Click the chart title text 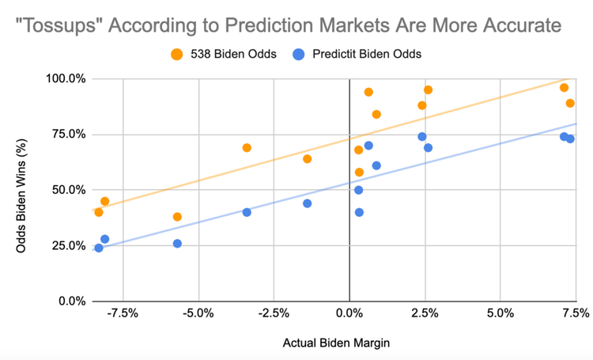click(289, 25)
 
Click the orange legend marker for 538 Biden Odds click(176, 55)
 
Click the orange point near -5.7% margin click(177, 217)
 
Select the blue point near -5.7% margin click(177, 244)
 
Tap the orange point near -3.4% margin click(247, 148)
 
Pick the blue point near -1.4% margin click(307, 203)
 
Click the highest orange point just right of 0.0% click(368, 92)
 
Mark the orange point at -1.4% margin click(307, 159)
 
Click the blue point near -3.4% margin click(247, 212)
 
